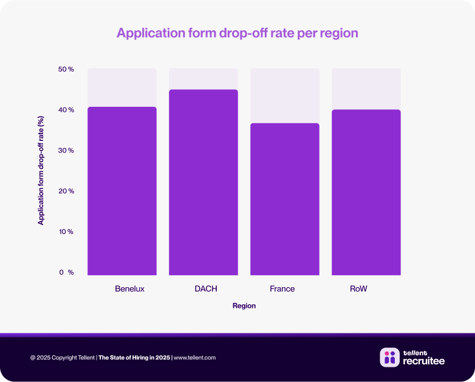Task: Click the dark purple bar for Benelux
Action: pos(122,191)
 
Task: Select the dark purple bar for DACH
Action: pos(203,182)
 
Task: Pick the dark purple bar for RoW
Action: pos(366,192)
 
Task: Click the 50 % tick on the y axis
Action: pos(66,69)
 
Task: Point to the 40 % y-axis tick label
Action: pos(66,110)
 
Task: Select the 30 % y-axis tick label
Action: pos(66,151)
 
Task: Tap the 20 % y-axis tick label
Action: pos(66,191)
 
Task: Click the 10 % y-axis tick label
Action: pos(66,232)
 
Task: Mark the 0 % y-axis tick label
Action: pos(66,273)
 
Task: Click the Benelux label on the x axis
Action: pos(129,289)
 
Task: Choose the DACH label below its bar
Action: pos(206,289)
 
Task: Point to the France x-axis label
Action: pos(282,289)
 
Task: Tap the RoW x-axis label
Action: pos(358,289)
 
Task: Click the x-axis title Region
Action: pos(244,306)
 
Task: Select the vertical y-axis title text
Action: pos(41,171)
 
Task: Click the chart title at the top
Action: pos(237,33)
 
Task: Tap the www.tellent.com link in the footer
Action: pos(194,358)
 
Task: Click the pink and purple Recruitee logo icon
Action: pos(389,358)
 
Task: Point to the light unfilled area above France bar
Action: pos(285,95)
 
